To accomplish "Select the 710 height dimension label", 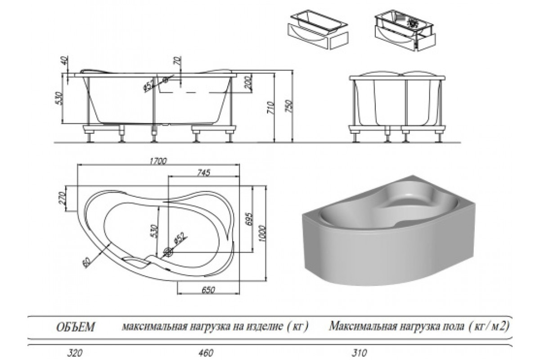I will pyautogui.click(x=271, y=108).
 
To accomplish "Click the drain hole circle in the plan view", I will pyautogui.click(x=170, y=252).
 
